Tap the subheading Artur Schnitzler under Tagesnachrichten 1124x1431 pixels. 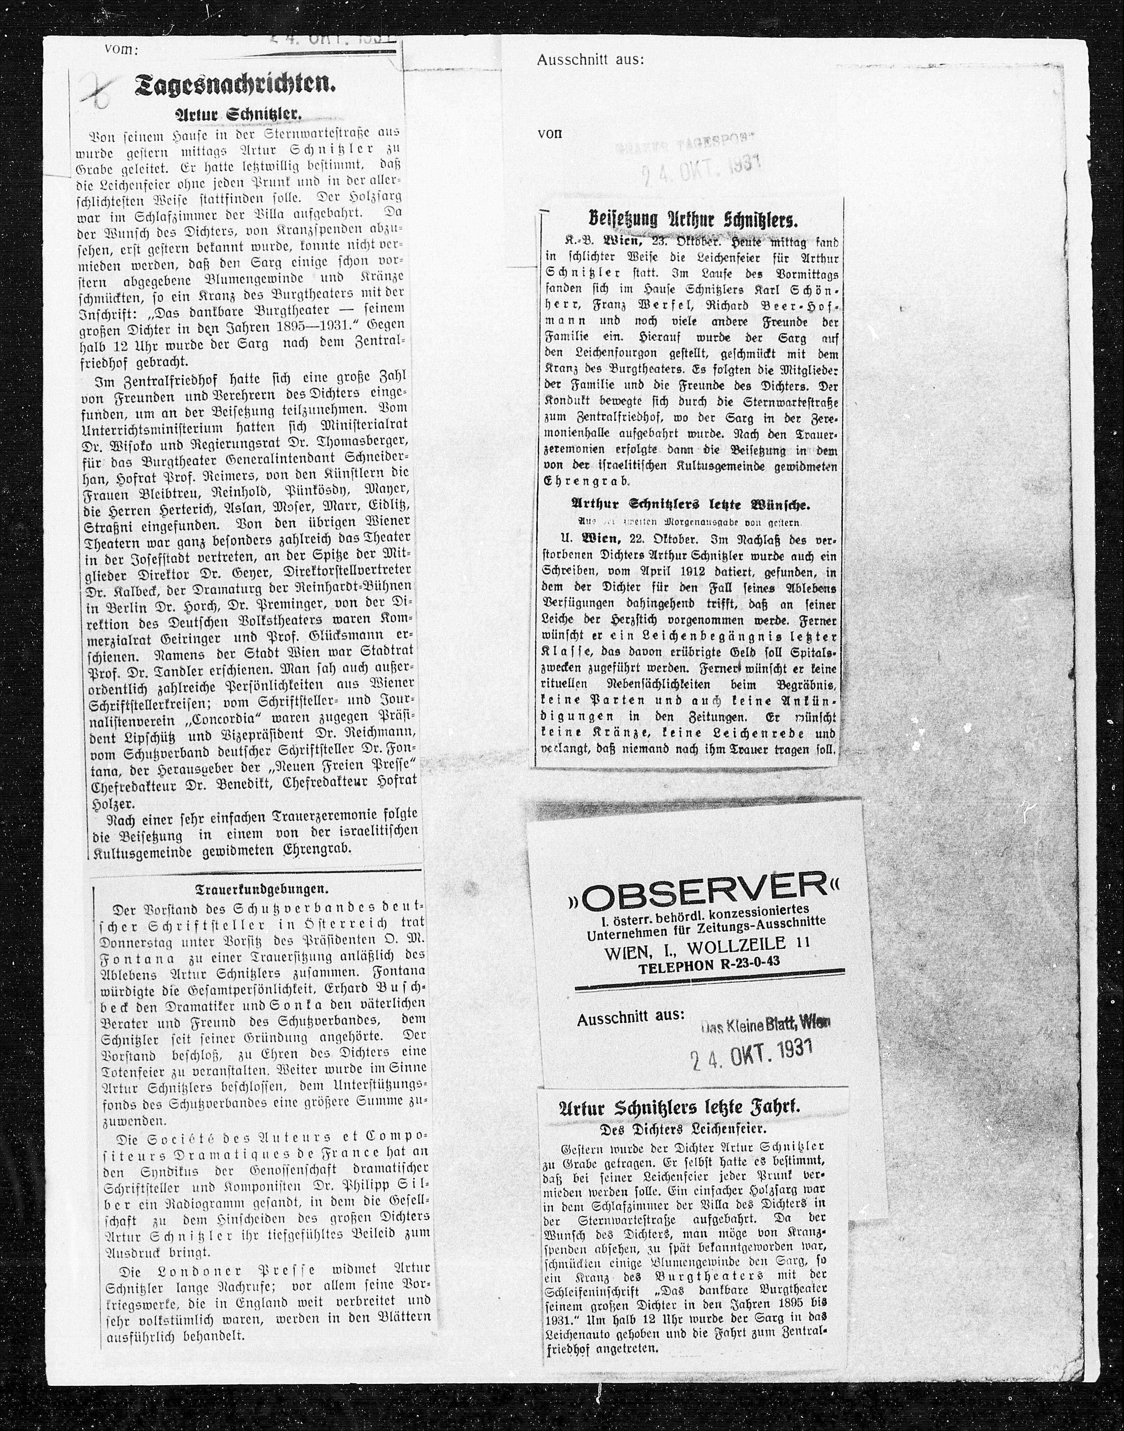point(238,115)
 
